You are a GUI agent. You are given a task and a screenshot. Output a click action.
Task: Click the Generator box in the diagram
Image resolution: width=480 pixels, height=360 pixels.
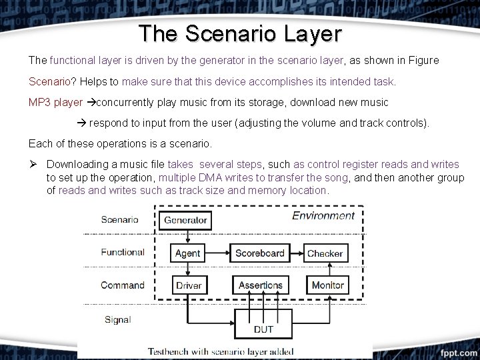185,220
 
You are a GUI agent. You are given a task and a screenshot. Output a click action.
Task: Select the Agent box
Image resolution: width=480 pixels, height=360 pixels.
187,253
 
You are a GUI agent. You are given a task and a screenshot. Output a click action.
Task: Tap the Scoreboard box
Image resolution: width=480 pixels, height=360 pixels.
260,253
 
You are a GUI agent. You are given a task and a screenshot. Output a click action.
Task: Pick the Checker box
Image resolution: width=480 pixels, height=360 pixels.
325,253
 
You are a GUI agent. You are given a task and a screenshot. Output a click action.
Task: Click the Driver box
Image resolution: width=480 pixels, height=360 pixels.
189,285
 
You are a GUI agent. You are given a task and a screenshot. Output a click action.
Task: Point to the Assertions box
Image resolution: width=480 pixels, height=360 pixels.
260,285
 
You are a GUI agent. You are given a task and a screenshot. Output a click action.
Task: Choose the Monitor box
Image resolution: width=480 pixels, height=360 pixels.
327,285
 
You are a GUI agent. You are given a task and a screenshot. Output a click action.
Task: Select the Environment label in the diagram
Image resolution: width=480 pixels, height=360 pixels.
323,216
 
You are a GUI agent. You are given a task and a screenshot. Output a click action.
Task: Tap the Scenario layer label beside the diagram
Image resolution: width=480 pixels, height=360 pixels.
120,219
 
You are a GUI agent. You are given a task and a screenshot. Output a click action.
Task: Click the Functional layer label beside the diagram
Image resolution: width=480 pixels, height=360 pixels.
123,252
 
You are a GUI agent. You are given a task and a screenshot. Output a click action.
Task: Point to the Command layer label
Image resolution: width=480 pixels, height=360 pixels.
123,285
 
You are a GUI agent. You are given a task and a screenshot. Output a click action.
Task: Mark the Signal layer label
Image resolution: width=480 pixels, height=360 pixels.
117,319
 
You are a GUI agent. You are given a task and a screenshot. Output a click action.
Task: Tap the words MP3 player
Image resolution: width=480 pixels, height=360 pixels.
55,103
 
